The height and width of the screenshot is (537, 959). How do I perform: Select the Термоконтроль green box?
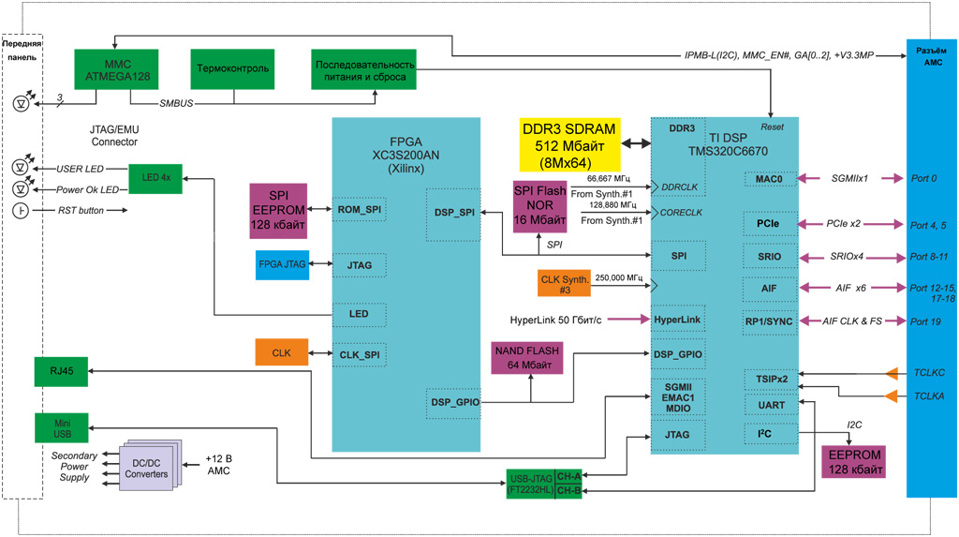click(x=231, y=68)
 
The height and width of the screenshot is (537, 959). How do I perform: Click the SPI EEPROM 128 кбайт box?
click(x=278, y=211)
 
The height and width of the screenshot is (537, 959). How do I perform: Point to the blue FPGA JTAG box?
click(x=282, y=265)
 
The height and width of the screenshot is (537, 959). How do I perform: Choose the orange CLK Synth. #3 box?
click(x=563, y=283)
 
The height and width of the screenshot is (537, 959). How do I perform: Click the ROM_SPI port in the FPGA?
click(x=360, y=210)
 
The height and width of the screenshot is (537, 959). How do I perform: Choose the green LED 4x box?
click(x=155, y=177)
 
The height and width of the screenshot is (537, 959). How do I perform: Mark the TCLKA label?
click(x=929, y=396)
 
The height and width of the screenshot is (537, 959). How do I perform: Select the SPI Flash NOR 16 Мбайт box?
click(x=540, y=206)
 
